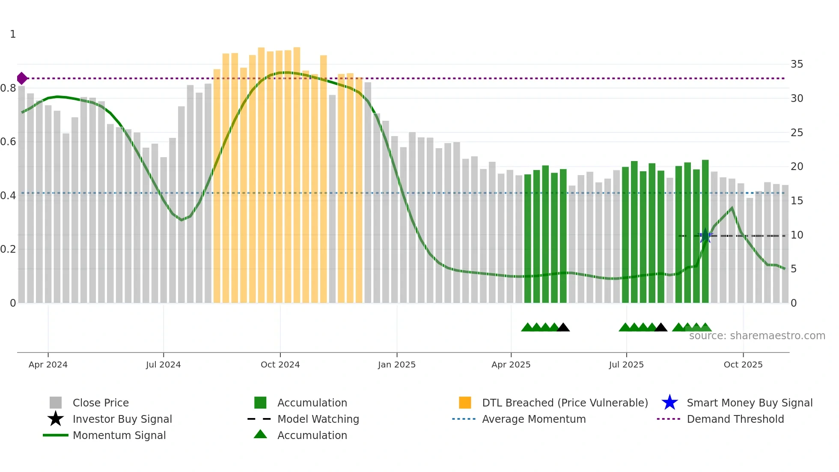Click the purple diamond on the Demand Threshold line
tap(22, 78)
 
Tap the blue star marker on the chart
tap(705, 236)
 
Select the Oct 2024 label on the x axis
tap(280, 364)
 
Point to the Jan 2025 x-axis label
tap(396, 364)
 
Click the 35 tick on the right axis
tap(797, 64)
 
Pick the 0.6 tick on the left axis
tap(9, 142)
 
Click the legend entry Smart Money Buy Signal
tap(749, 403)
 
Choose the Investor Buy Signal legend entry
tap(122, 419)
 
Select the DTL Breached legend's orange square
tap(465, 403)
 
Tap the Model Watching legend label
tap(318, 419)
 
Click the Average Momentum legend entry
tap(533, 419)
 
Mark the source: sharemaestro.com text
tap(757, 336)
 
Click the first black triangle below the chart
tap(563, 328)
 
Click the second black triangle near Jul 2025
tap(661, 328)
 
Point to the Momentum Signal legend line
tap(56, 435)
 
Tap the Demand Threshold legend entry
tap(735, 419)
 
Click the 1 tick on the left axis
tap(13, 34)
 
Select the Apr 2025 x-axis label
tap(511, 364)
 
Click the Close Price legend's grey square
tap(56, 403)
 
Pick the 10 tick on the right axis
tap(797, 235)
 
